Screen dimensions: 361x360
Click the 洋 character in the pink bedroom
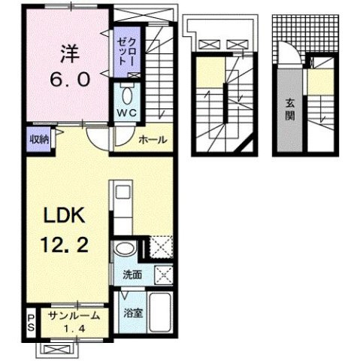coord(68,55)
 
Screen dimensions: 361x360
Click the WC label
coord(126,114)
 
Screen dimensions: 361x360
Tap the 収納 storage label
coord(39,138)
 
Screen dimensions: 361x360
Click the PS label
coord(31,323)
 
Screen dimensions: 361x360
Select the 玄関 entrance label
coord(289,110)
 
